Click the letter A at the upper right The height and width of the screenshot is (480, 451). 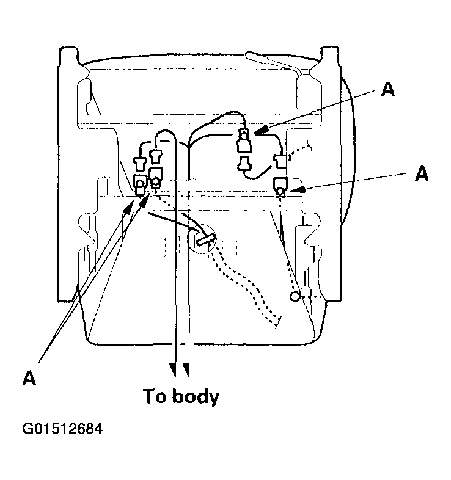point(387,89)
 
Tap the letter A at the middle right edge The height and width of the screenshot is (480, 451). point(422,173)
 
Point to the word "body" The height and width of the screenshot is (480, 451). point(196,397)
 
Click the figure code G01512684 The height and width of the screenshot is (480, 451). point(62,429)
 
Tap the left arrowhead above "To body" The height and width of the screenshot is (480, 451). point(174,370)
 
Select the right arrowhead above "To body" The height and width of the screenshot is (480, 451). point(186,370)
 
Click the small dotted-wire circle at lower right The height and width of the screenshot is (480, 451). point(295,296)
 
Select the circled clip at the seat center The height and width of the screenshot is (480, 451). point(202,239)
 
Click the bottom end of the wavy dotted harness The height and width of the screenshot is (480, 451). point(277,324)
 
